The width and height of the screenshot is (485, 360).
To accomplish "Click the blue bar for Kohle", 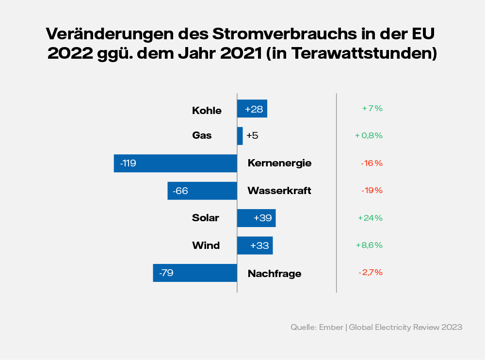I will pos(252,109).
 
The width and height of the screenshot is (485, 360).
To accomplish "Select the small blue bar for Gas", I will pos(240,136).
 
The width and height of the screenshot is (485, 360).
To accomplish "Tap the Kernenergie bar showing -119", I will pos(176,163).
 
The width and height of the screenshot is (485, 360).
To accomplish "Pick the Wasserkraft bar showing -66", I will pos(202,191).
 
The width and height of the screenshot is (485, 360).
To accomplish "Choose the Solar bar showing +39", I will pos(257,218).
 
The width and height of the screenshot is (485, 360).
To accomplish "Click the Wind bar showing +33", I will pos(255,245).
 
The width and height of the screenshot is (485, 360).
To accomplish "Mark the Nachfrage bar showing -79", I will pos(195,273).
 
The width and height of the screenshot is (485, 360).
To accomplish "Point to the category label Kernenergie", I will pos(279,163).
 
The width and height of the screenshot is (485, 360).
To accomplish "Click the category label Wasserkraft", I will pos(279,191).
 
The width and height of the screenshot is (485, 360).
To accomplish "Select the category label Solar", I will pos(206,218).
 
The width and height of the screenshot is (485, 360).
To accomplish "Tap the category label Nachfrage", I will pos(275,274).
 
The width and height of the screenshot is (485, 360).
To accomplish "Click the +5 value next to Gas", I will pos(252,136).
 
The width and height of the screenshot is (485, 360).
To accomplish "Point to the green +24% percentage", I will pos(371,218).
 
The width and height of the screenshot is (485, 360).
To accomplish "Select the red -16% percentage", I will pos(372,163).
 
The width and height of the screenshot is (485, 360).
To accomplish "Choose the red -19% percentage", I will pos(372,191).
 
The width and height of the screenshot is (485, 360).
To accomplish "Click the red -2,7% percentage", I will pos(371,273).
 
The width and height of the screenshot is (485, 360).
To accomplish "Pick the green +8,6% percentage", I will pos(371,245).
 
